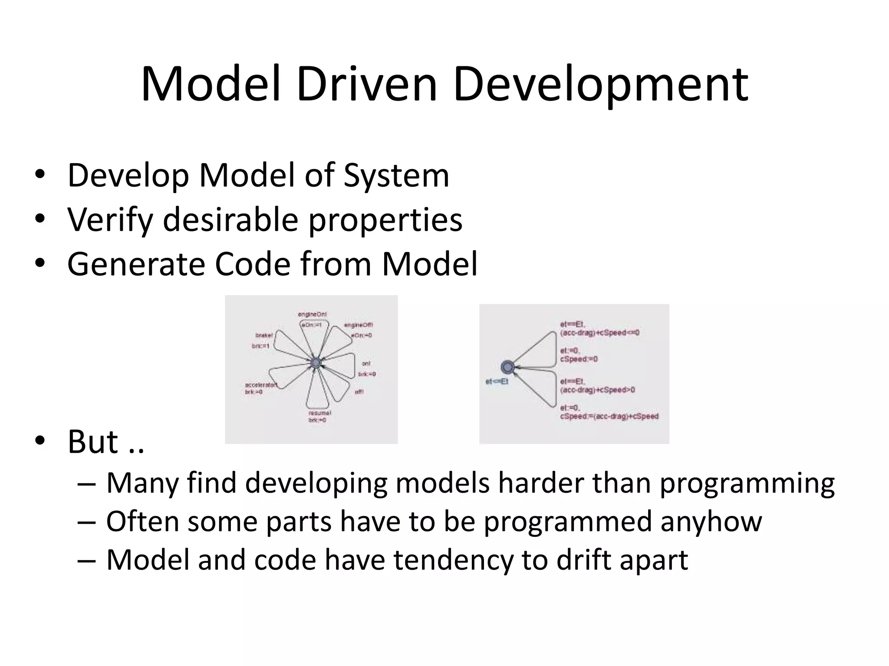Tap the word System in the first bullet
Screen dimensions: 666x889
pyautogui.click(x=396, y=175)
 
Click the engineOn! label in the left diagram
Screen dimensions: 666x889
pyautogui.click(x=312, y=314)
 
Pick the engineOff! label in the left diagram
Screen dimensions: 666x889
pyautogui.click(x=358, y=325)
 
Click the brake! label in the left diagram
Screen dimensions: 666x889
pyautogui.click(x=264, y=335)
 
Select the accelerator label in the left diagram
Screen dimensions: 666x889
pyautogui.click(x=261, y=385)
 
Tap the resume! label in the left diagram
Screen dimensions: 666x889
pyautogui.click(x=319, y=413)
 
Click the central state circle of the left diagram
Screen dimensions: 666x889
pyautogui.click(x=316, y=362)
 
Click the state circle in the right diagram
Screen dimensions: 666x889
pyautogui.click(x=507, y=367)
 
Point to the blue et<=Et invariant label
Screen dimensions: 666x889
pyautogui.click(x=497, y=382)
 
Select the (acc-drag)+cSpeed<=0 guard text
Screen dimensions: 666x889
pyautogui.click(x=599, y=333)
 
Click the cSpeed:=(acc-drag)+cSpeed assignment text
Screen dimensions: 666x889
pyautogui.click(x=609, y=416)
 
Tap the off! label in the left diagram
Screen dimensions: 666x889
pyautogui.click(x=359, y=392)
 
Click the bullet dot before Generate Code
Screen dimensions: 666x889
pyautogui.click(x=40, y=263)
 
